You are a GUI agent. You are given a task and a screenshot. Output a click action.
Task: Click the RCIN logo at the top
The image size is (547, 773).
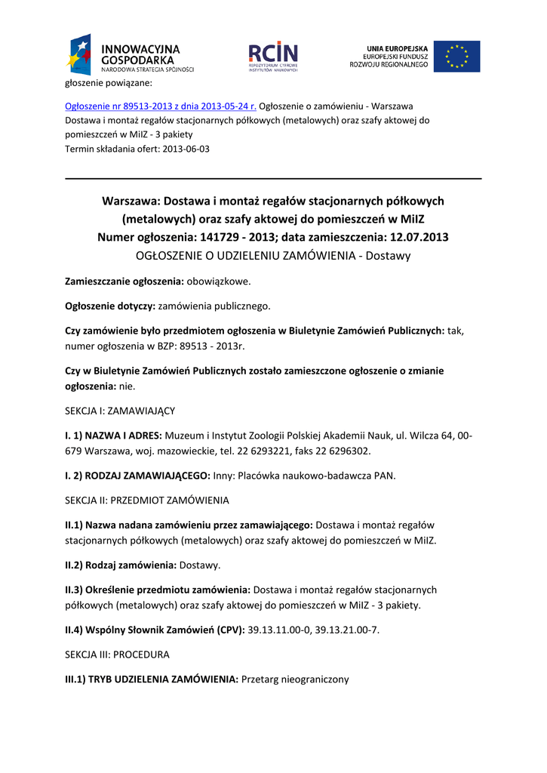coord(273,56)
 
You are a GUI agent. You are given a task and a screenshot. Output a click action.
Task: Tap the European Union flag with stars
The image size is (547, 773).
coord(456,57)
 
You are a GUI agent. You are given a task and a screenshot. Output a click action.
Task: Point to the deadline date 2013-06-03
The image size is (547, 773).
coord(186,149)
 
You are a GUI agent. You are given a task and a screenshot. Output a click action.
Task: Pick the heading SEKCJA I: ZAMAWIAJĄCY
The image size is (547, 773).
coord(120,411)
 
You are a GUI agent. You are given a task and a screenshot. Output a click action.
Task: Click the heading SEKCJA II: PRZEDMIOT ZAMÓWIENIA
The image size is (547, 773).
coord(147,500)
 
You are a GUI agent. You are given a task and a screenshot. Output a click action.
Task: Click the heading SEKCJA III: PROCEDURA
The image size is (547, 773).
coord(118,654)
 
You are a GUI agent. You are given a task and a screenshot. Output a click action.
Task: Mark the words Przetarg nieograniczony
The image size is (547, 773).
coord(295,679)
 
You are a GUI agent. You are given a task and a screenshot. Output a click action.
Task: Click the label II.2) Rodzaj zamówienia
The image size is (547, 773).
coord(120,565)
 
